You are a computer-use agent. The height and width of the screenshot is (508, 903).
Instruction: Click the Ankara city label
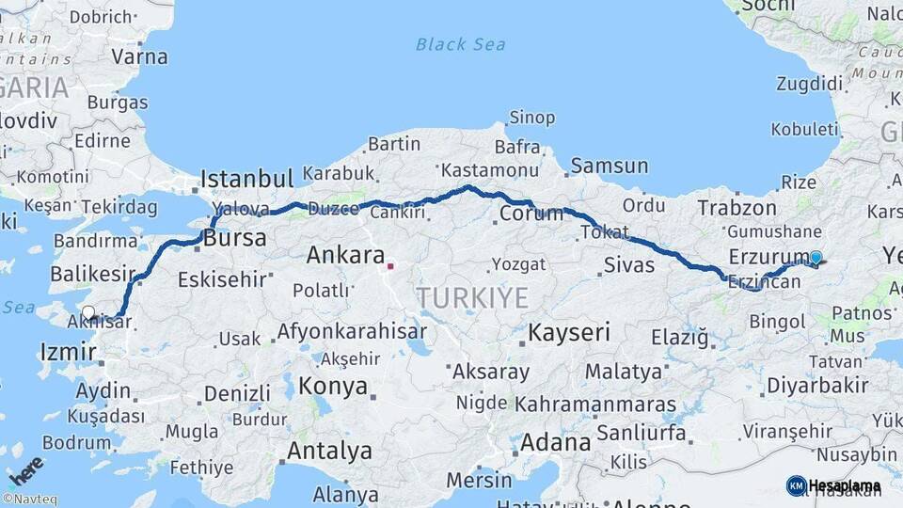click(345, 255)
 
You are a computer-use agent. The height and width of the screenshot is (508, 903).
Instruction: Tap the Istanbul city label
click(246, 178)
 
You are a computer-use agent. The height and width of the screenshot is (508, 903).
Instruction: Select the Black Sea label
click(460, 44)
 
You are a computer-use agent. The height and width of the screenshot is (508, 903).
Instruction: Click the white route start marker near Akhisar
click(88, 312)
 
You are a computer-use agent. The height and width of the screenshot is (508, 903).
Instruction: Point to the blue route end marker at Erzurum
click(816, 257)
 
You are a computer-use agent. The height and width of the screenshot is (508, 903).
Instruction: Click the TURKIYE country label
click(472, 298)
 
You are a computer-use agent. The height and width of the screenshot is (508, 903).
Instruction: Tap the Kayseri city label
click(568, 332)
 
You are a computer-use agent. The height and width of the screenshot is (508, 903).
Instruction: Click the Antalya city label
click(329, 451)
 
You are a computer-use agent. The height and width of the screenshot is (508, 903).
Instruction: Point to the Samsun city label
click(609, 167)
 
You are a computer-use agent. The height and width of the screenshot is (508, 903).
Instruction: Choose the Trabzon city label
click(737, 208)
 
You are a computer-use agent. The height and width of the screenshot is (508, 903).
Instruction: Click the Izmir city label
click(68, 353)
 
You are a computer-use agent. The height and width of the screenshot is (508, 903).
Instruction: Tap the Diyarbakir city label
click(816, 385)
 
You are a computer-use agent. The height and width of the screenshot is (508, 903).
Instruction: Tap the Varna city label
click(139, 56)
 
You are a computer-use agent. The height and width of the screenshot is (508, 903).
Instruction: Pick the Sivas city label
click(628, 264)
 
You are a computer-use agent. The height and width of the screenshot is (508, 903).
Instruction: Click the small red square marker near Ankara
click(390, 266)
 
